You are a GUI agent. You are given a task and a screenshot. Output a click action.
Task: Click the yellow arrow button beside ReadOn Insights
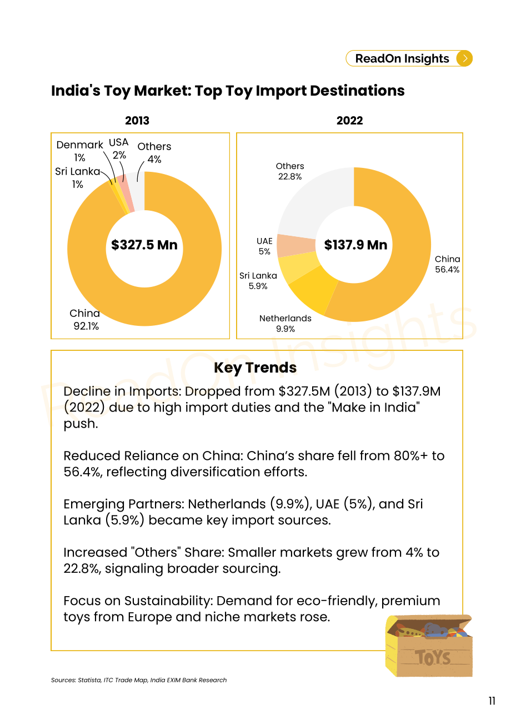(464, 58)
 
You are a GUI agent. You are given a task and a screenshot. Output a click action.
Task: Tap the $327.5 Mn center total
(144, 245)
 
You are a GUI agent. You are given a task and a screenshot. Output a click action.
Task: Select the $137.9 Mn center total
(355, 245)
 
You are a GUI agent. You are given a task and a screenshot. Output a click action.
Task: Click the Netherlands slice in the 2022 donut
(312, 289)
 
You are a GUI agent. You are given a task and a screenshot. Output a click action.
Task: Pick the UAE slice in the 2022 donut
(296, 246)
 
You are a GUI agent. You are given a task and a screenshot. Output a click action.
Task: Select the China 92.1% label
(85, 319)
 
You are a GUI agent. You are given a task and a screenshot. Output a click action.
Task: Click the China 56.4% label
(447, 264)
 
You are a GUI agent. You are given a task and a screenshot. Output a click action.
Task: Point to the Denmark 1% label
(80, 151)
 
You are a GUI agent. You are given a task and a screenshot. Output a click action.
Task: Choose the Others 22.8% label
(290, 171)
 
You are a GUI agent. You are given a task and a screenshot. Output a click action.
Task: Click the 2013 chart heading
(137, 121)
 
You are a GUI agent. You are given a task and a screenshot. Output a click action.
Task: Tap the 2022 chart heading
(349, 121)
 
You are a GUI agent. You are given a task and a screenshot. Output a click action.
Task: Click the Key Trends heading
(255, 368)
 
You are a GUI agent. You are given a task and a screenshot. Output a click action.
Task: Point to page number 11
(492, 701)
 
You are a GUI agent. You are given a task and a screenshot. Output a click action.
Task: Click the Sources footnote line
(139, 680)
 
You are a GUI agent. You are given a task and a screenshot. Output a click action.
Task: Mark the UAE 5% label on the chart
(264, 246)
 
